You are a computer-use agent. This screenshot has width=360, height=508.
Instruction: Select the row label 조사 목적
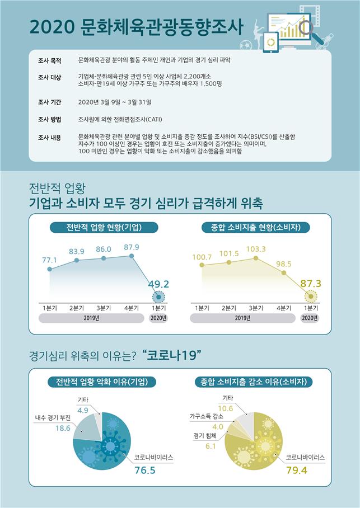coord(49,59)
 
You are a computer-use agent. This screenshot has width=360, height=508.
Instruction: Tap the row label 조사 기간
coord(49,102)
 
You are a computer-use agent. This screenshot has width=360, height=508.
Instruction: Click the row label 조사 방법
coord(49,120)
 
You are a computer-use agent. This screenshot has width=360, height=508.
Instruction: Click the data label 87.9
coord(131,247)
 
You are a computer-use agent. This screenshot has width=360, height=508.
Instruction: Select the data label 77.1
coord(50,260)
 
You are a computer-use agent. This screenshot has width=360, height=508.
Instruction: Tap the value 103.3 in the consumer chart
coord(256,249)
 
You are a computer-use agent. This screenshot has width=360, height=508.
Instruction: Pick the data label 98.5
coord(284,263)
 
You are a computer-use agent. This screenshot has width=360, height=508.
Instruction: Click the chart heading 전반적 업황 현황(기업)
coord(104,228)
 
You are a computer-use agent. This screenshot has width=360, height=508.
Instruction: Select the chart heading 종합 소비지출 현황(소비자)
coord(256,228)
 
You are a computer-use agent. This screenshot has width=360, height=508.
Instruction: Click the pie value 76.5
coord(144,470)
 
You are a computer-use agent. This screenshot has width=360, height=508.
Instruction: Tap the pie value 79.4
coord(297,470)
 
